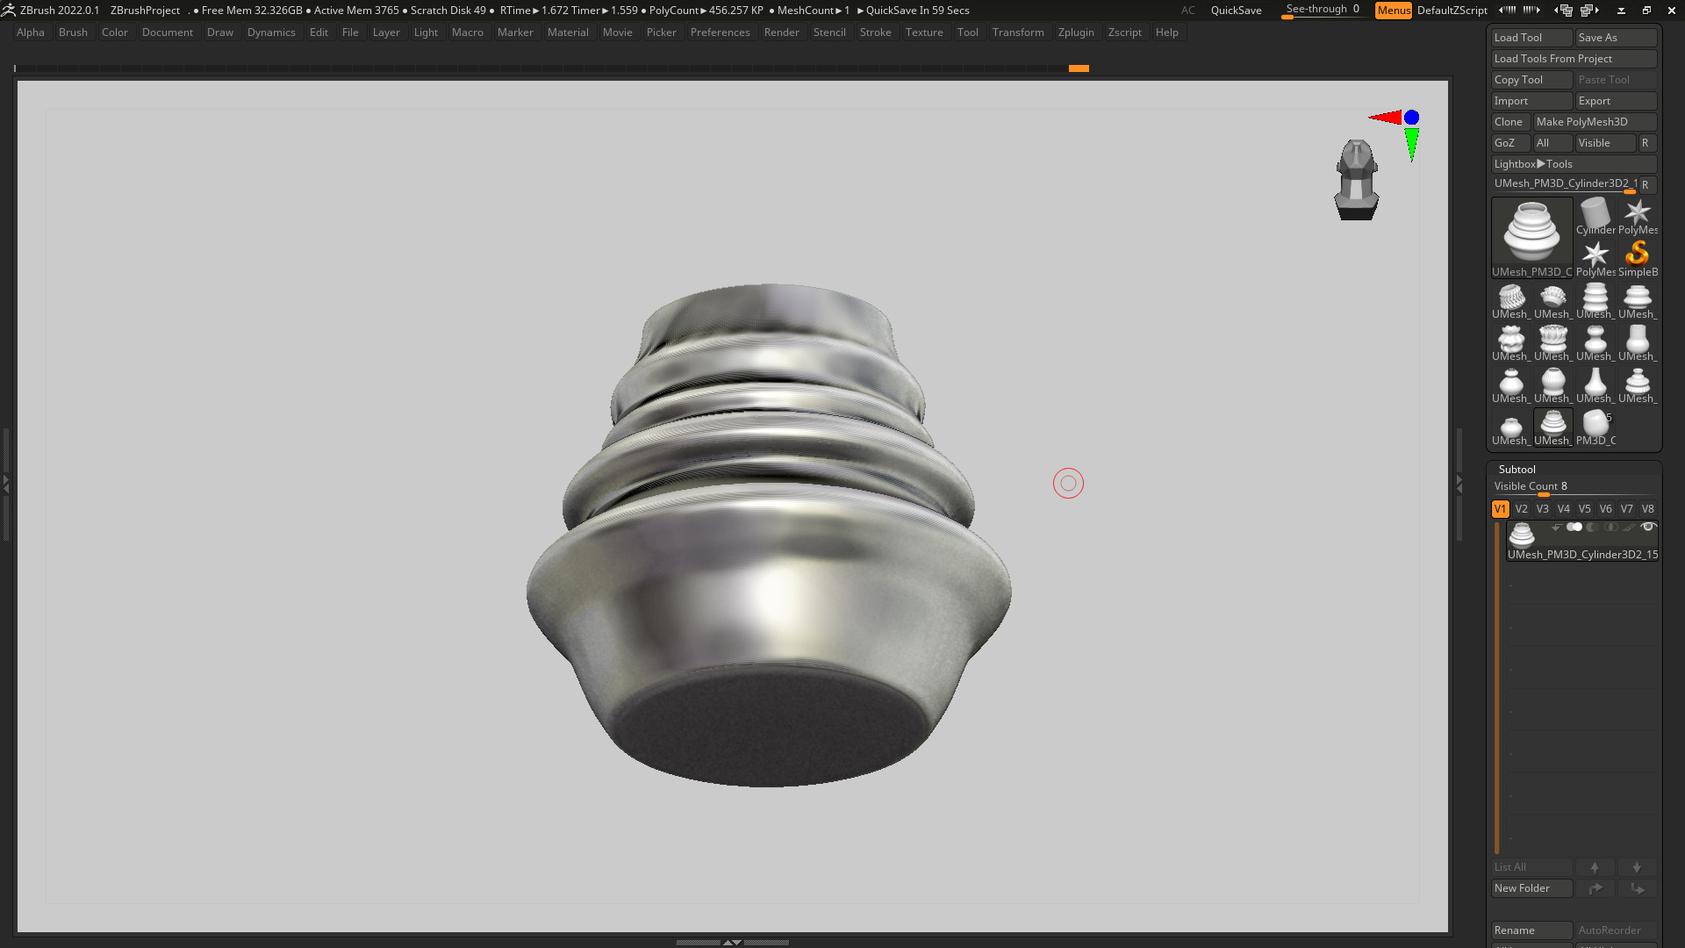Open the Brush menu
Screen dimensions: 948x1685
coord(73,32)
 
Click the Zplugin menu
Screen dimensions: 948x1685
coord(1076,32)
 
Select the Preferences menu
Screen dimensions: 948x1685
coord(720,32)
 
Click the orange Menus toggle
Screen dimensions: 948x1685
coord(1393,11)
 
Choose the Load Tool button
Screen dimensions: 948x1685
coord(1531,38)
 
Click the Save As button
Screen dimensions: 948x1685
coord(1615,38)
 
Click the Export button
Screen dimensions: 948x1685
coord(1615,101)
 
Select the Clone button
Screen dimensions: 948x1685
coord(1509,122)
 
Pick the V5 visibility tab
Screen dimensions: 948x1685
coord(1584,509)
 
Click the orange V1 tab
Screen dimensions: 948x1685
coord(1500,509)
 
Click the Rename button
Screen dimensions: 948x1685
coord(1531,930)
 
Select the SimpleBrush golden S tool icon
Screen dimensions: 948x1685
coord(1637,255)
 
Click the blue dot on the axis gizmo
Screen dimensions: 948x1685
coord(1411,118)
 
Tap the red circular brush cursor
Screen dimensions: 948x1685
coord(1068,484)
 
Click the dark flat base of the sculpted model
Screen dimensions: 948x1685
coord(772,724)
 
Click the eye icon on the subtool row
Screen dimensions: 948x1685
coord(1648,528)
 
